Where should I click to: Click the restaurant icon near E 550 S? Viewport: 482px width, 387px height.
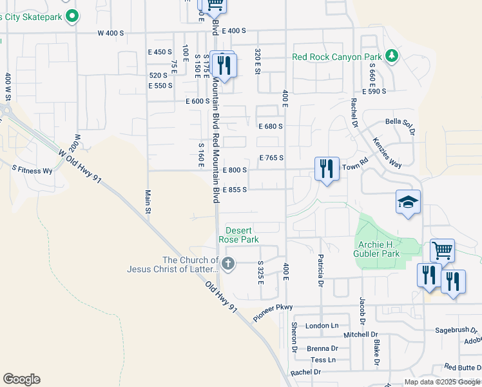[x=224, y=65]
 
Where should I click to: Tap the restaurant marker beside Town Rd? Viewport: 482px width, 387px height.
[x=327, y=169]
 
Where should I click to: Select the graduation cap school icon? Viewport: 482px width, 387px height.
[x=408, y=202]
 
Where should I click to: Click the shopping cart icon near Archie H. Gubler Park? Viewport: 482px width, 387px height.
[x=442, y=250]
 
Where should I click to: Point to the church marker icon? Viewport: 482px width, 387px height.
[x=227, y=263]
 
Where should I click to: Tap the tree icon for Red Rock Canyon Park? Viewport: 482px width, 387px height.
[x=390, y=57]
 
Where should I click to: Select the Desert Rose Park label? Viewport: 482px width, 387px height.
[x=238, y=235]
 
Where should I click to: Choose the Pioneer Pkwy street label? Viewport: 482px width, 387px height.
[x=273, y=312]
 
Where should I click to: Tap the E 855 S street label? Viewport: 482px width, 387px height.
[x=235, y=190]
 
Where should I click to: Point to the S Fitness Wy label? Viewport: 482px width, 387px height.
[x=32, y=171]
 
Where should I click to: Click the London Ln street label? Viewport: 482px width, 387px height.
[x=322, y=326]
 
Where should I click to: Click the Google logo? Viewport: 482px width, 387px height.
[x=21, y=379]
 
